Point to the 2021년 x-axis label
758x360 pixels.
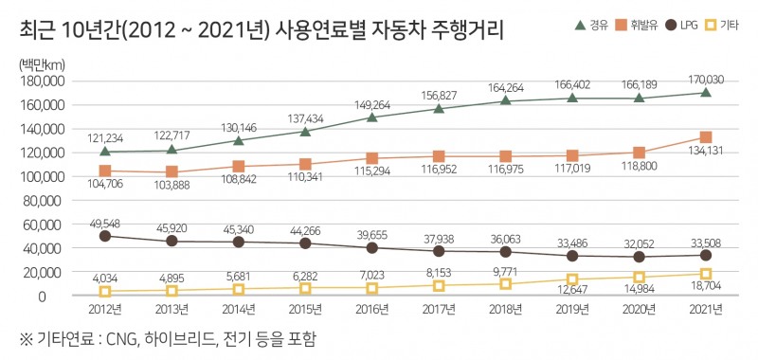pyautogui.click(x=706, y=311)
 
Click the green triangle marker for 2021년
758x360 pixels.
pyautogui.click(x=706, y=93)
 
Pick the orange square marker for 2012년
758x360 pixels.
pyautogui.click(x=104, y=171)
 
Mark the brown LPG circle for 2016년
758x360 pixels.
pyautogui.click(x=372, y=248)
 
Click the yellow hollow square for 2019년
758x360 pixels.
pyautogui.click(x=572, y=280)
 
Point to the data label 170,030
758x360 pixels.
pyautogui.click(x=705, y=76)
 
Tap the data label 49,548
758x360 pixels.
pyautogui.click(x=104, y=220)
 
